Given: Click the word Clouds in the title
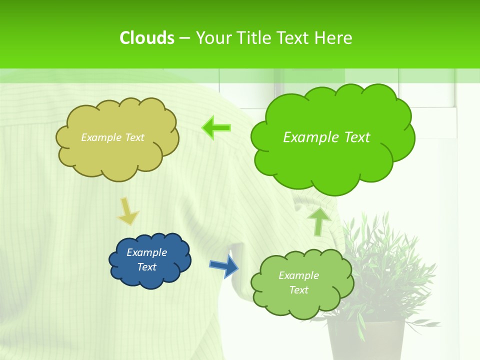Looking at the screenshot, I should click(x=146, y=38).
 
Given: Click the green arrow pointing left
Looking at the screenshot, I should click(x=216, y=128).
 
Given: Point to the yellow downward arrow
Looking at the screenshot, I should click(x=127, y=211).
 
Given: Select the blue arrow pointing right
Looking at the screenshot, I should click(x=223, y=265).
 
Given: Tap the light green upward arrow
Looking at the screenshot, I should click(x=318, y=220).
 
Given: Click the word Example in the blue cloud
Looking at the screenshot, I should click(x=146, y=252).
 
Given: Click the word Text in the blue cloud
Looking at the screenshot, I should click(x=146, y=267).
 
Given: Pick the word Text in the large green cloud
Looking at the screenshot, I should click(x=354, y=137).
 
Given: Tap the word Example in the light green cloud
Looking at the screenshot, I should click(x=298, y=275).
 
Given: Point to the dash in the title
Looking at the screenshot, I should click(x=184, y=38).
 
